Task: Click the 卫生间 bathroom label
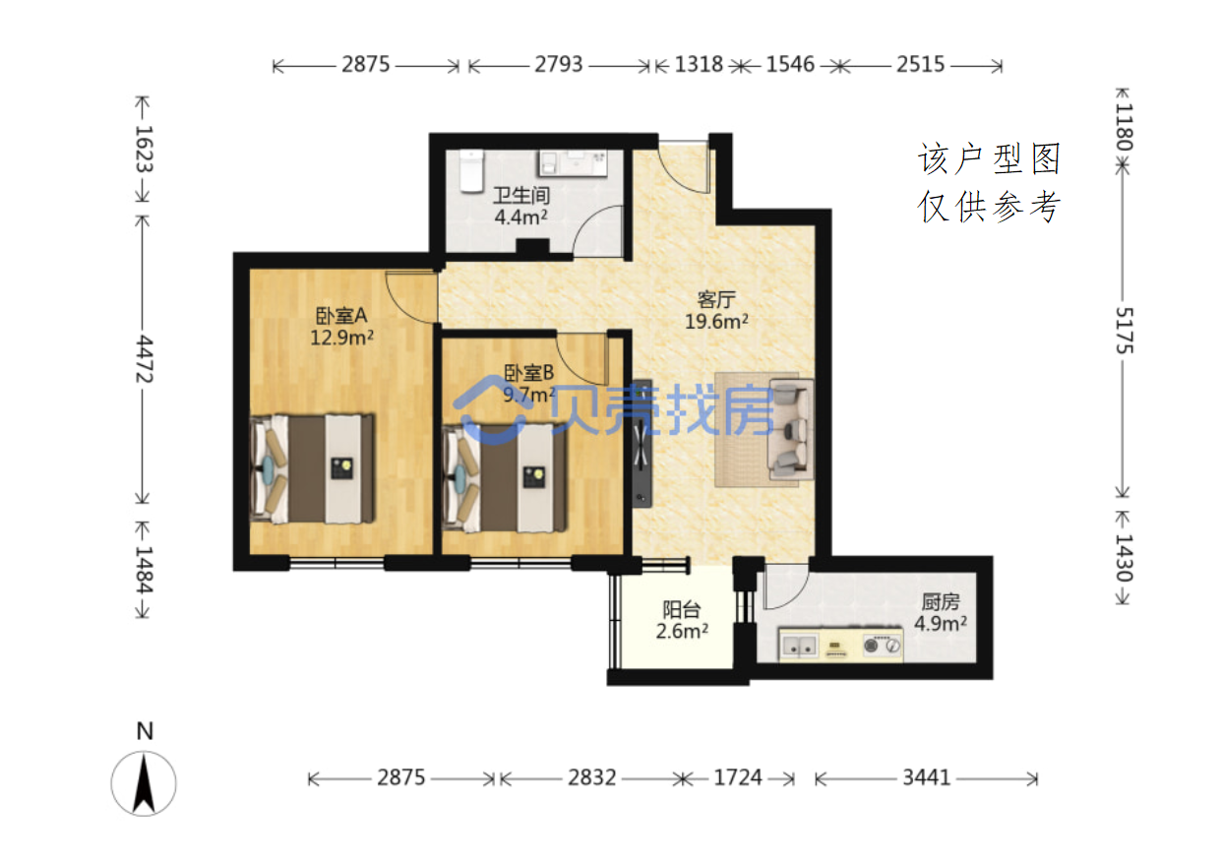[521, 195]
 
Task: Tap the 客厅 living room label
[716, 299]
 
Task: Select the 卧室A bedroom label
[341, 316]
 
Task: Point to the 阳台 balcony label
[682, 609]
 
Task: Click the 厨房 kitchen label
[941, 602]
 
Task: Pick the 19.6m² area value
[716, 321]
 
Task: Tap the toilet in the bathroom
[471, 171]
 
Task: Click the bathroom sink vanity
[573, 163]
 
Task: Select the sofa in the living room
[790, 430]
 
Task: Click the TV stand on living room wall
[642, 443]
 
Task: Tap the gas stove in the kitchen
[882, 646]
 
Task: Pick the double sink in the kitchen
[799, 646]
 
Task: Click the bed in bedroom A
[312, 468]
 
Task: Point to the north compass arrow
[144, 782]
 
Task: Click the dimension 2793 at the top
[558, 64]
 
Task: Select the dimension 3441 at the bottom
[926, 777]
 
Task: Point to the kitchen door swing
[785, 587]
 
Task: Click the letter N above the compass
[145, 731]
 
